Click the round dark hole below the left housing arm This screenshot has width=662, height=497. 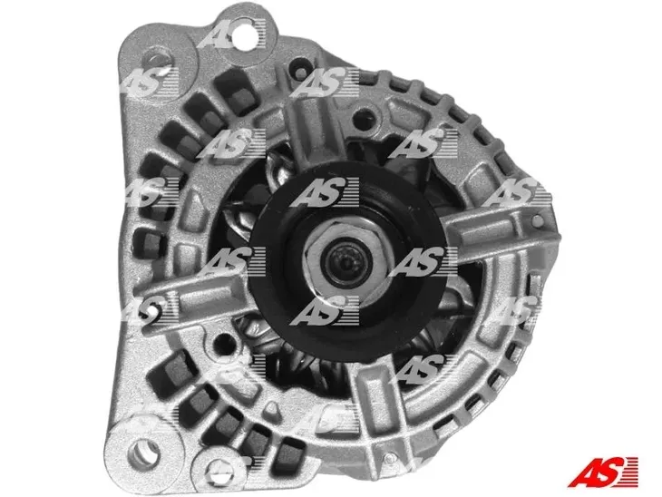point(222,345)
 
